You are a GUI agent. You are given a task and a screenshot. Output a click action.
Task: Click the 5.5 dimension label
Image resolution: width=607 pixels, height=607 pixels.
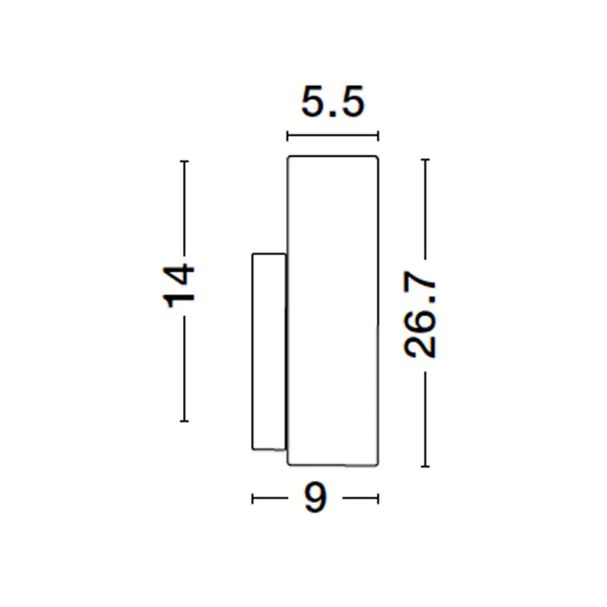pos(333,101)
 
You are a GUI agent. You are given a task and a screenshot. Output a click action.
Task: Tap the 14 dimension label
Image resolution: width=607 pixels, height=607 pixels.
pos(179,285)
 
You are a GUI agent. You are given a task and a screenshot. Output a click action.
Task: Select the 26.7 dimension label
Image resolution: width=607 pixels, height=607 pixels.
pos(420,315)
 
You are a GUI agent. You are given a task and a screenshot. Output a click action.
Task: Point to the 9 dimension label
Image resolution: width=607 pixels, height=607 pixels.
pos(315,499)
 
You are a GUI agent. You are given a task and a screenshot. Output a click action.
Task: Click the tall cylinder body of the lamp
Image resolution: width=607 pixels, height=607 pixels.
pos(332,310)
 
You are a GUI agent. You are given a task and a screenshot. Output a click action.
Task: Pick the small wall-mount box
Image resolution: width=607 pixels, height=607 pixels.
pos(269,351)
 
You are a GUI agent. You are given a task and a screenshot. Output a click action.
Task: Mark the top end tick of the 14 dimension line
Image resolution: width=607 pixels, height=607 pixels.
pos(184,161)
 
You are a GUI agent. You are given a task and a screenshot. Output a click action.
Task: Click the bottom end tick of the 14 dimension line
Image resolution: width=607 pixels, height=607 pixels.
pos(184,421)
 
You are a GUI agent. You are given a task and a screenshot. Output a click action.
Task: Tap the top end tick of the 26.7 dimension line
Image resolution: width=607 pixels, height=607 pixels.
pos(425,160)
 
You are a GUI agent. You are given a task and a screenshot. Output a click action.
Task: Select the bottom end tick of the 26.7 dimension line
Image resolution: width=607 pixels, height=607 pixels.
pos(425,467)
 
